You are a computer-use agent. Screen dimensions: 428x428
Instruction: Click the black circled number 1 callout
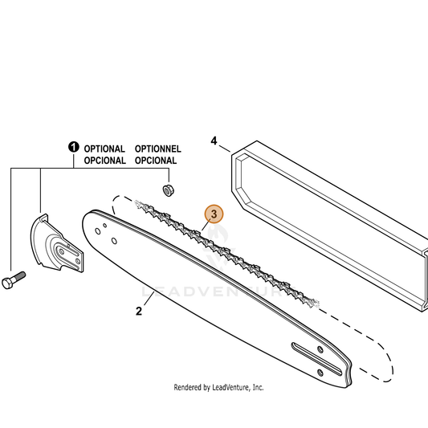coord(73,147)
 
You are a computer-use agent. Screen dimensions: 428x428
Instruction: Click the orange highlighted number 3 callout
coord(214,214)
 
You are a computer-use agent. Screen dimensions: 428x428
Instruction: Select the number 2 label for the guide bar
coord(139,312)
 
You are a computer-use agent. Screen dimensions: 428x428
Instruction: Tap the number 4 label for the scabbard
coord(214,141)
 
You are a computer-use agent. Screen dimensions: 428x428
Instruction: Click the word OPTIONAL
coord(104,149)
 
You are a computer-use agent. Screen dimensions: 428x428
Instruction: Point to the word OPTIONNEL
coord(157,149)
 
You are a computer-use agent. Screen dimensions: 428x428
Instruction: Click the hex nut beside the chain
coord(168,190)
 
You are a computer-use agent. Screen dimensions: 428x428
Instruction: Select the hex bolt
coord(14,279)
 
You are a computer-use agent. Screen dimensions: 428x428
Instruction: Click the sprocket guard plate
coord(56,243)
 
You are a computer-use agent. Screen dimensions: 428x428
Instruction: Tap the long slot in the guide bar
coord(316,359)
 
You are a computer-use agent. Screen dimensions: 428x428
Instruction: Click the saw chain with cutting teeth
coord(226,254)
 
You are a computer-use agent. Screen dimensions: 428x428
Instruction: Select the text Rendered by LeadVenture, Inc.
coord(218,387)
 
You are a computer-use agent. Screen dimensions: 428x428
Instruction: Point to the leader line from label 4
coord(224,149)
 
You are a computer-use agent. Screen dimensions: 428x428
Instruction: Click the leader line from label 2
coord(149,299)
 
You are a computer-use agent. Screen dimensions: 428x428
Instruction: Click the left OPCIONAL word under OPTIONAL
coord(105,161)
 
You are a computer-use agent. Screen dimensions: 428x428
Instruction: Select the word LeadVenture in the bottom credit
coord(230,387)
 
